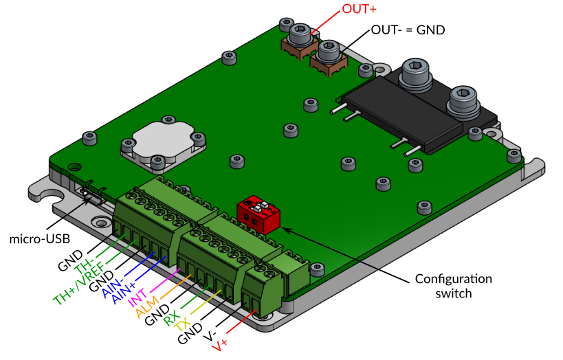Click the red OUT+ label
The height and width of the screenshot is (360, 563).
coord(360,10)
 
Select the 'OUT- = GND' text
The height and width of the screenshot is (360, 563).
coord(408,30)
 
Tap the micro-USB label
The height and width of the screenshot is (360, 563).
coord(34,239)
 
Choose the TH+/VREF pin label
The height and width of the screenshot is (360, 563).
coord(78,282)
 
